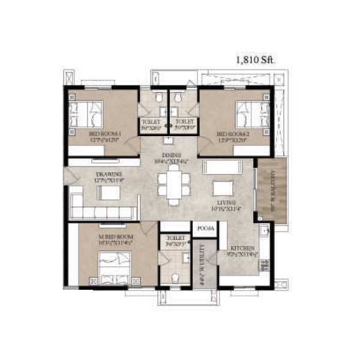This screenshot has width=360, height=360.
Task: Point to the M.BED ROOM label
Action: point(116,237)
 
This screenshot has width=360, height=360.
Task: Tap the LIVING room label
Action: point(227,203)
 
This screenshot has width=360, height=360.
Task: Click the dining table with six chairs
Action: point(172,183)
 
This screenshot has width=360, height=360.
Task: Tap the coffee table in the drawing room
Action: point(109,193)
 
